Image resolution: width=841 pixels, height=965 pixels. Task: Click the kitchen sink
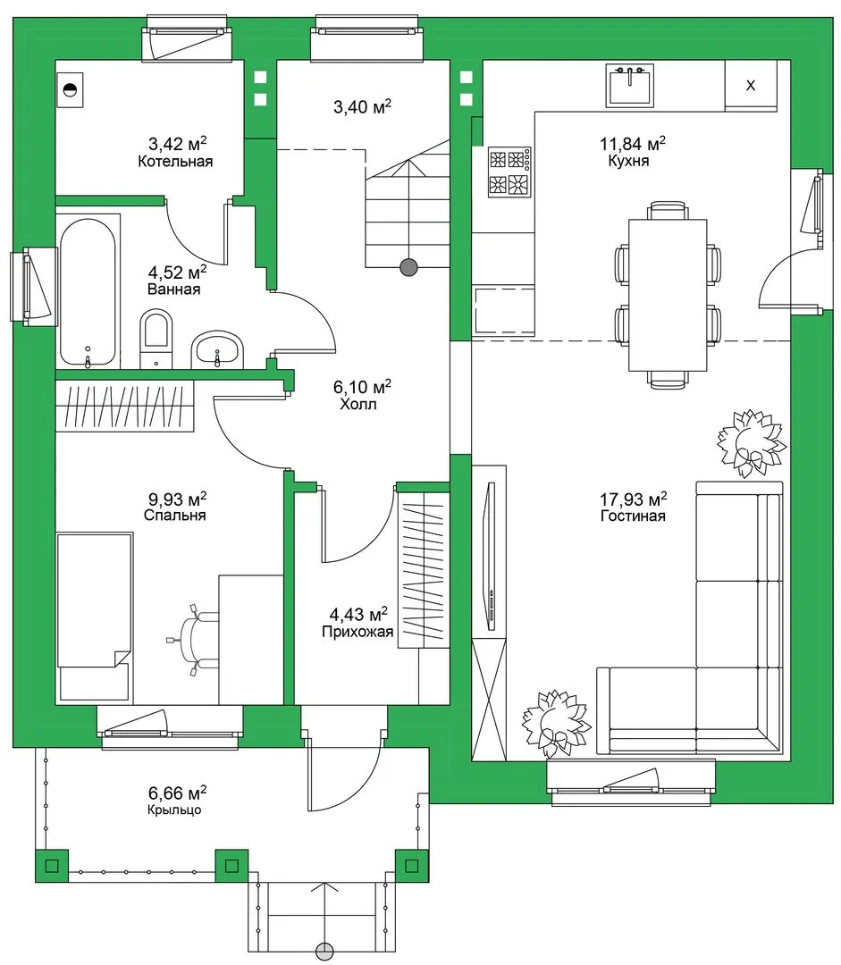pos(629,86)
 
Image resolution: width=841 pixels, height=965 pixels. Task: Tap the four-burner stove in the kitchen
pos(509,172)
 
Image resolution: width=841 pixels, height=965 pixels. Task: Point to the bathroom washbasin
pos(216,349)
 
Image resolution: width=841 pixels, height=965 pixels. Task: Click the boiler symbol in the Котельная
pos(71,90)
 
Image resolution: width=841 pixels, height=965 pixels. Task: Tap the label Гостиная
pos(633,516)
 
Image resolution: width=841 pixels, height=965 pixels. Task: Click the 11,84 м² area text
pos(632,144)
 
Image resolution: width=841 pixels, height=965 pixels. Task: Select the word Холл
pos(358,405)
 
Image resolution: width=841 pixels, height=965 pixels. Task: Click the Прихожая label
pos(357,632)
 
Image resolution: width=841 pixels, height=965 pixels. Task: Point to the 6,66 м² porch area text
pos(177,792)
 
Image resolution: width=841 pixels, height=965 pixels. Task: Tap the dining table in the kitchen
pos(668,296)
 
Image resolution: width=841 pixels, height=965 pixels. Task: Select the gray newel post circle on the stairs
pos(408,267)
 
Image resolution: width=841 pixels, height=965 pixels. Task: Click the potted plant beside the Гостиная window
pos(555,724)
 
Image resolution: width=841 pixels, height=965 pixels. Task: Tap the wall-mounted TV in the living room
pos(491,557)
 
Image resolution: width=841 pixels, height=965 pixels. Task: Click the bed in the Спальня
pos(95,618)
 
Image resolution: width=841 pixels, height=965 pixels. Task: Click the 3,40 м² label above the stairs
pos(362,107)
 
